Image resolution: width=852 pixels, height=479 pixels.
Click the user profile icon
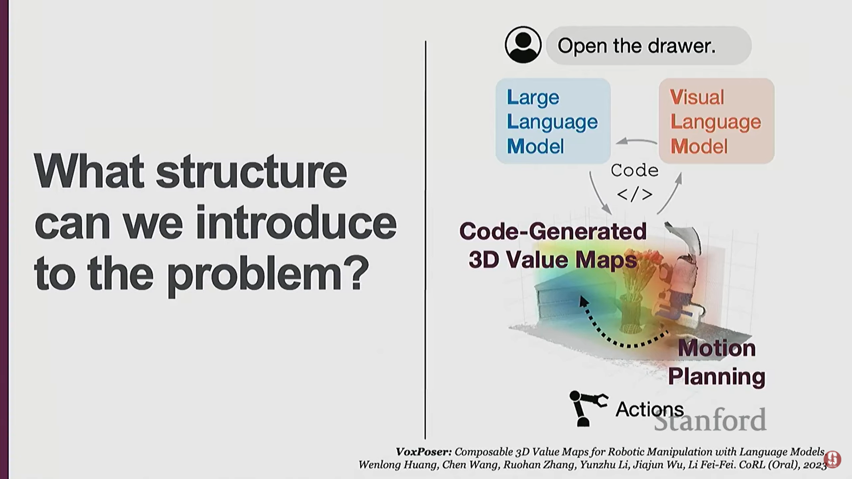[523, 45]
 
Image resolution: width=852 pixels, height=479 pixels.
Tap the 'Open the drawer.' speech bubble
[648, 46]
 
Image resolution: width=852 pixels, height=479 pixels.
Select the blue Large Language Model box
[553, 121]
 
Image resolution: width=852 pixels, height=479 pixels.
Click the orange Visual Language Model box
[716, 121]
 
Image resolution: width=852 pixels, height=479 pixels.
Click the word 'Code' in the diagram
[635, 170]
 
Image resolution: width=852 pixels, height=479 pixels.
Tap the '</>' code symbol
[635, 194]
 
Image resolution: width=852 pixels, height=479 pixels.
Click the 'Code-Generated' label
[553, 231]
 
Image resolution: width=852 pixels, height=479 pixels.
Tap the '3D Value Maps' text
[553, 260]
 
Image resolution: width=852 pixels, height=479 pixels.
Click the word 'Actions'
[649, 409]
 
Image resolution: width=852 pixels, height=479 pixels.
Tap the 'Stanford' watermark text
[710, 420]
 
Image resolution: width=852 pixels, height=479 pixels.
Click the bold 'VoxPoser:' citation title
[424, 452]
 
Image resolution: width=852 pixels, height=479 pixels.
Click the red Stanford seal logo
[832, 459]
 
